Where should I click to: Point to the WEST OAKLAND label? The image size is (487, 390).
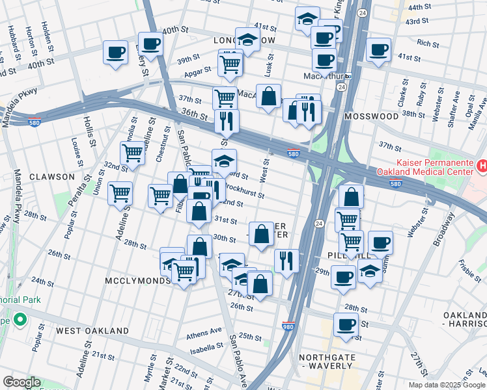(92, 331)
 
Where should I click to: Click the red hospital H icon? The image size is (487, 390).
(482, 166)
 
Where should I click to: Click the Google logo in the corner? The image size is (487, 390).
(21, 382)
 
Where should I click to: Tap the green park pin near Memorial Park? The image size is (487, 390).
(20, 320)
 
